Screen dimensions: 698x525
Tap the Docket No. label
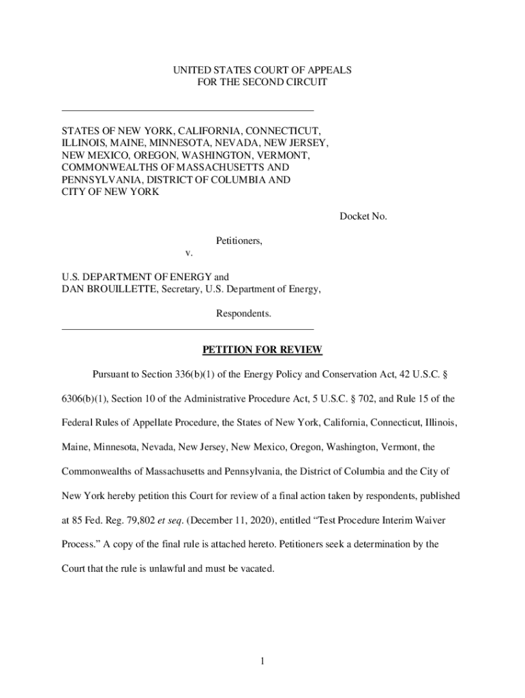click(363, 216)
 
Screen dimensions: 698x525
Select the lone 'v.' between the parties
click(190, 252)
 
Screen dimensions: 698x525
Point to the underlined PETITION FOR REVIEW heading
click(262, 350)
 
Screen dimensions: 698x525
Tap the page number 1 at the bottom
click(262, 661)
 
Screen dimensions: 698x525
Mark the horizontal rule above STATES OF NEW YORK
click(187, 110)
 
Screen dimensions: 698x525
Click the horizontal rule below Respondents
click(187, 329)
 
